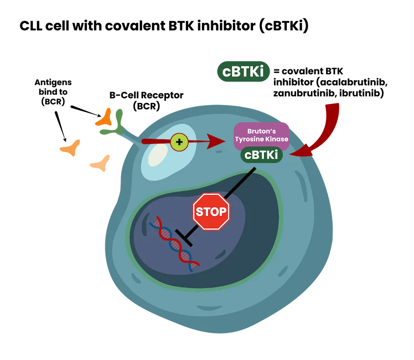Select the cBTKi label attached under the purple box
(x=261, y=155)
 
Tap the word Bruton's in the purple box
(x=262, y=131)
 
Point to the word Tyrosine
(x=248, y=139)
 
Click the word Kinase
(x=276, y=139)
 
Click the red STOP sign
(x=211, y=212)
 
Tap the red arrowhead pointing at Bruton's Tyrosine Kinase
(x=215, y=141)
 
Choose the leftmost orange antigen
(x=71, y=147)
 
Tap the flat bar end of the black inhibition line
(x=184, y=238)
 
